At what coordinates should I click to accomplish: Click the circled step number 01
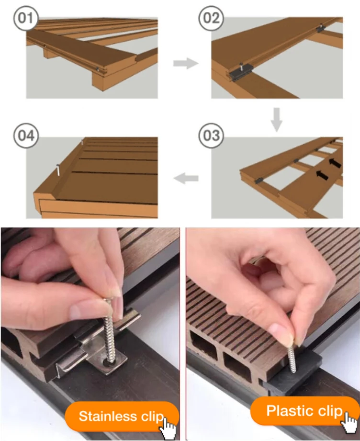tap(26, 18)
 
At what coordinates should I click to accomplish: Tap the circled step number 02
tap(211, 18)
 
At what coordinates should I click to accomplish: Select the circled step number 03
tap(211, 136)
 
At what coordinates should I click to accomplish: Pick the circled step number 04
tap(26, 136)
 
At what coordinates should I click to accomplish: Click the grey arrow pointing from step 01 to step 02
tap(186, 63)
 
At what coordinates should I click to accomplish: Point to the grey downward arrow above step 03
tap(277, 120)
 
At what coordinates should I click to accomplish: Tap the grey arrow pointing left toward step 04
tap(186, 178)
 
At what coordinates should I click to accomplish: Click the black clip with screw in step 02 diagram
tap(241, 72)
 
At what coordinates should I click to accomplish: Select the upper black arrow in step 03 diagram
tap(335, 163)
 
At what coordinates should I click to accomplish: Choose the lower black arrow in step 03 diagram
tap(322, 174)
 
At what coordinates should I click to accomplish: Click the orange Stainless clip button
tap(122, 416)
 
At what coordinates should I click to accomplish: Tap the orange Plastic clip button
tap(305, 411)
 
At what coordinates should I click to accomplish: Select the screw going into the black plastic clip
tap(292, 359)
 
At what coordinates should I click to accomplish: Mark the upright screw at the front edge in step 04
tap(58, 170)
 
